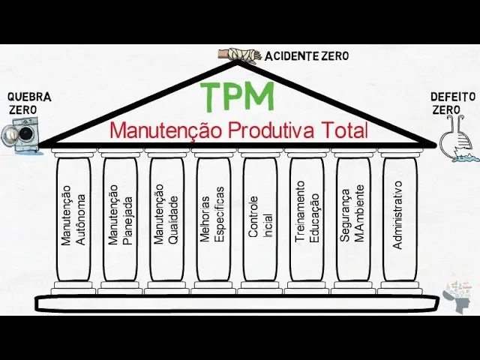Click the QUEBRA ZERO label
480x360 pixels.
coord(28,103)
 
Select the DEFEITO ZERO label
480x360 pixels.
coord(452,103)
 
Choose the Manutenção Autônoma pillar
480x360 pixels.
coord(73,218)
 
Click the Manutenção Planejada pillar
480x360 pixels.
coord(120,218)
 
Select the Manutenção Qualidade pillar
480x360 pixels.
coord(166,218)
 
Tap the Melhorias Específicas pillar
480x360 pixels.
coord(213,218)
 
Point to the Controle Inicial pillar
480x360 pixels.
coord(259,218)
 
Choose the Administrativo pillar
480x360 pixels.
coord(398,218)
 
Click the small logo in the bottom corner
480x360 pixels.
coord(458,295)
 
